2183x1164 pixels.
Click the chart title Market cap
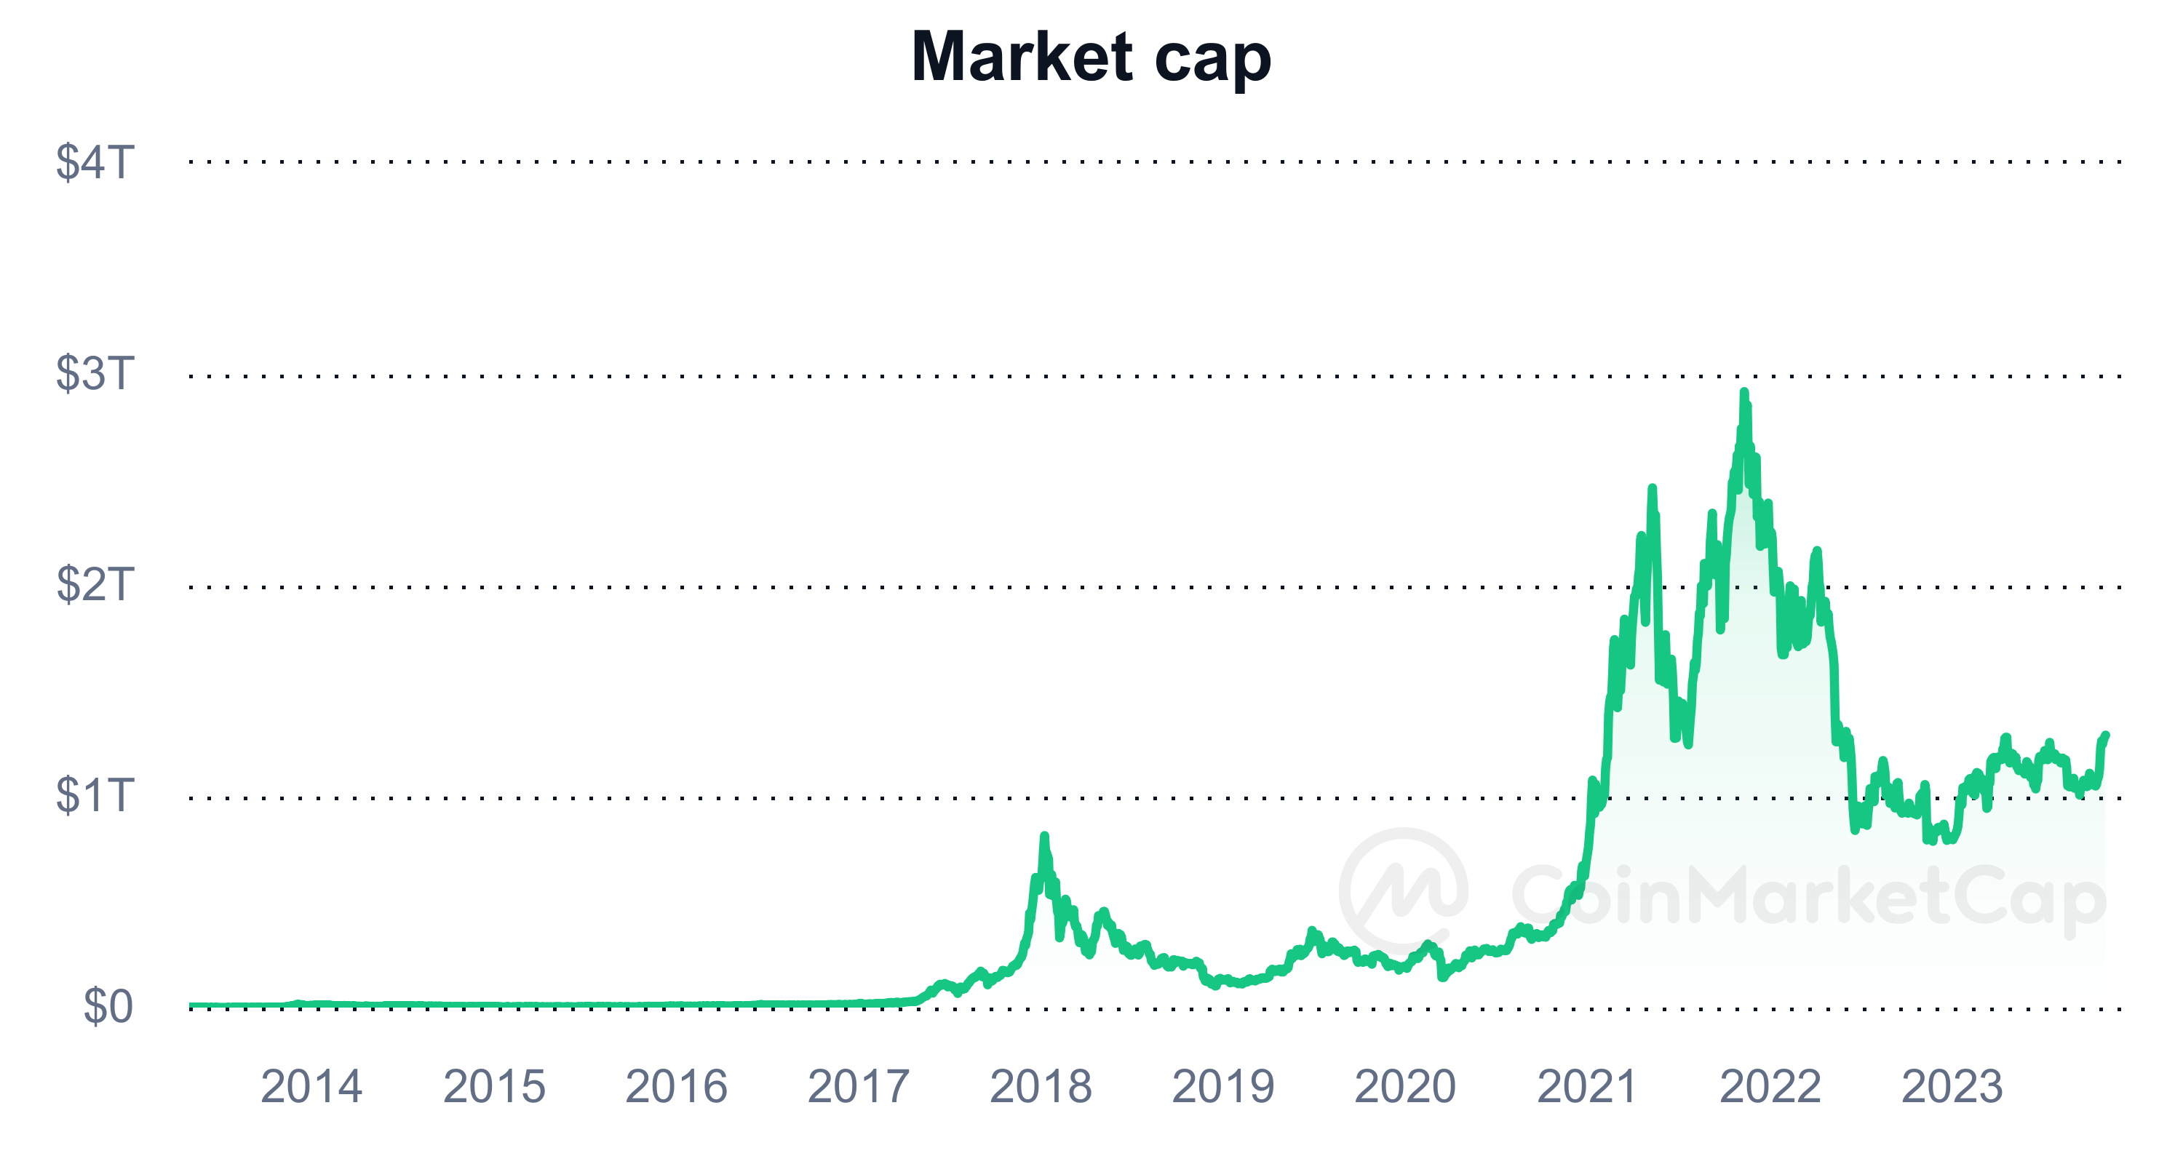coord(1091,57)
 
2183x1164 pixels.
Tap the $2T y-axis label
coord(95,584)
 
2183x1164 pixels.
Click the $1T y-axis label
coord(95,795)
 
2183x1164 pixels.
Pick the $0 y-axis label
coord(108,1006)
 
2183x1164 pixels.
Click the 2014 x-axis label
coord(311,1086)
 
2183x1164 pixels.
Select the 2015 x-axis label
coord(494,1086)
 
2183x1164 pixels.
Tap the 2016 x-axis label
coord(676,1086)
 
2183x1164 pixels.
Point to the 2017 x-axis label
coord(859,1086)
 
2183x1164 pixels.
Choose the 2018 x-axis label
coord(1041,1086)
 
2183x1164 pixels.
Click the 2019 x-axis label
coord(1223,1086)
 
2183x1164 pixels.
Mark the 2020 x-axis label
coord(1405,1086)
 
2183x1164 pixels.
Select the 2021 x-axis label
coord(1586,1086)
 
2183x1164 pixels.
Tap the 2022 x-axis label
coord(1770,1086)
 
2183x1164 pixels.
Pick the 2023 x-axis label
coord(1952,1086)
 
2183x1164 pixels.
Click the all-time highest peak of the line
coord(1743,392)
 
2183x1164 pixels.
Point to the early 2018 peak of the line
coord(1044,836)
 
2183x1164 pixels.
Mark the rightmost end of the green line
coord(2106,736)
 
